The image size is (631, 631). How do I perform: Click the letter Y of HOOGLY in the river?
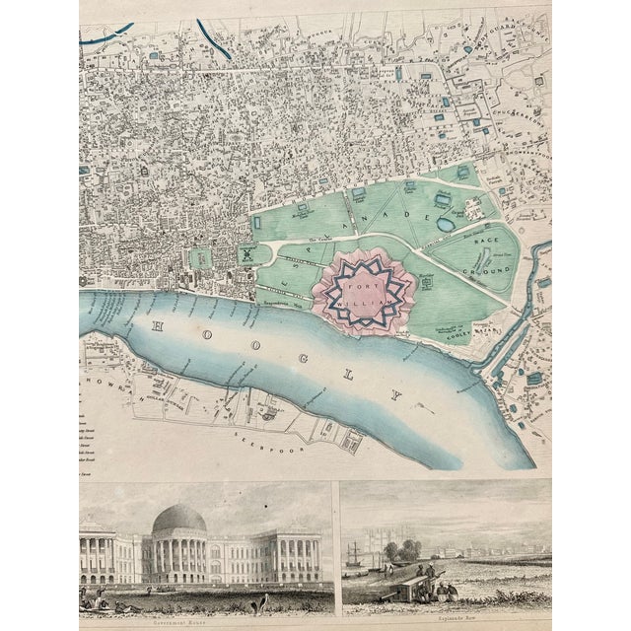pyautogui.click(x=398, y=397)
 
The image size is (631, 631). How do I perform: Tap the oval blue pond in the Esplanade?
pyautogui.click(x=444, y=223)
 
